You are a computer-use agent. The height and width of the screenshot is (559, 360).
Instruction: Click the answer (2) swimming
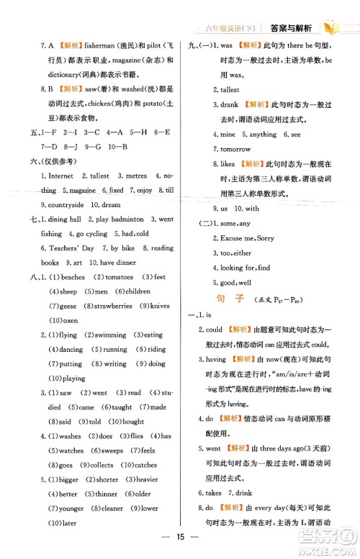point(107,335)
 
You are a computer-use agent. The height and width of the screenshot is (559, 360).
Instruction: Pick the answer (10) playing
point(67,378)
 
